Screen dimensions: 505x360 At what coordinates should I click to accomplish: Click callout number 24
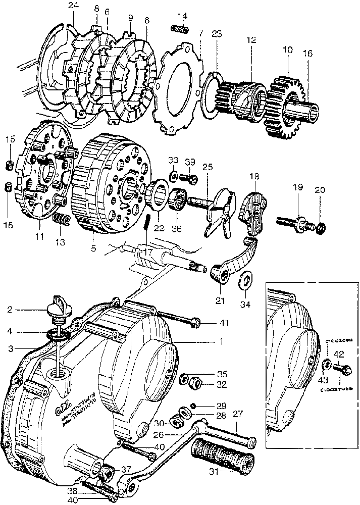click(x=74, y=6)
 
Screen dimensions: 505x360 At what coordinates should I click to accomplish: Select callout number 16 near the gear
click(x=307, y=54)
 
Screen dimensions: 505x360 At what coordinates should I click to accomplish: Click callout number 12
click(x=251, y=39)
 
